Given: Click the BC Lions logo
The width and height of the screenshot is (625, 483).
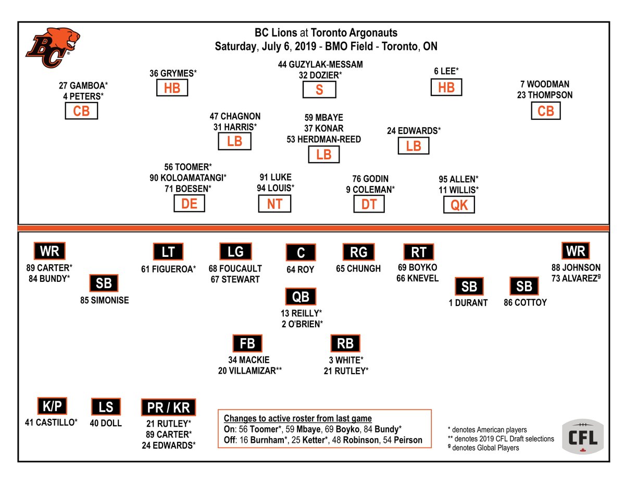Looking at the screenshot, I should point(53,47).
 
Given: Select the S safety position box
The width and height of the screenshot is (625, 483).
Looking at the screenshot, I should point(319,90).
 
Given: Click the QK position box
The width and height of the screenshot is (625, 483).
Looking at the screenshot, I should point(459,205).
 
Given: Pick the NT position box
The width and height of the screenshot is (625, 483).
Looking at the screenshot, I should point(274,204).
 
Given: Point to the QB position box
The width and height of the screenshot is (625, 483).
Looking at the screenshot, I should point(301,296).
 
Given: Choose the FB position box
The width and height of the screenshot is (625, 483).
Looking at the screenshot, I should point(247,344).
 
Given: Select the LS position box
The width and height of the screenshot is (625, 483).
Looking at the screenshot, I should point(106,406).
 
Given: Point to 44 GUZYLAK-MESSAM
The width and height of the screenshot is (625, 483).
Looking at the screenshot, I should point(320,64).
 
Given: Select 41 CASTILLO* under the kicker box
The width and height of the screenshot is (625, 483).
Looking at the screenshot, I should point(51,423).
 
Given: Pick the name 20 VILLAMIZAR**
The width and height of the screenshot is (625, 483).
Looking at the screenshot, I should point(250,371).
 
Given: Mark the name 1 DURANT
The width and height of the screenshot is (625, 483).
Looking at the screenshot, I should point(468,302).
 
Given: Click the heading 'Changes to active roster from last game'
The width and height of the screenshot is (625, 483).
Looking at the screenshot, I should point(298,418).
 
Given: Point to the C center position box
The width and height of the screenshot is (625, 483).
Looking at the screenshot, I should point(301,253).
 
